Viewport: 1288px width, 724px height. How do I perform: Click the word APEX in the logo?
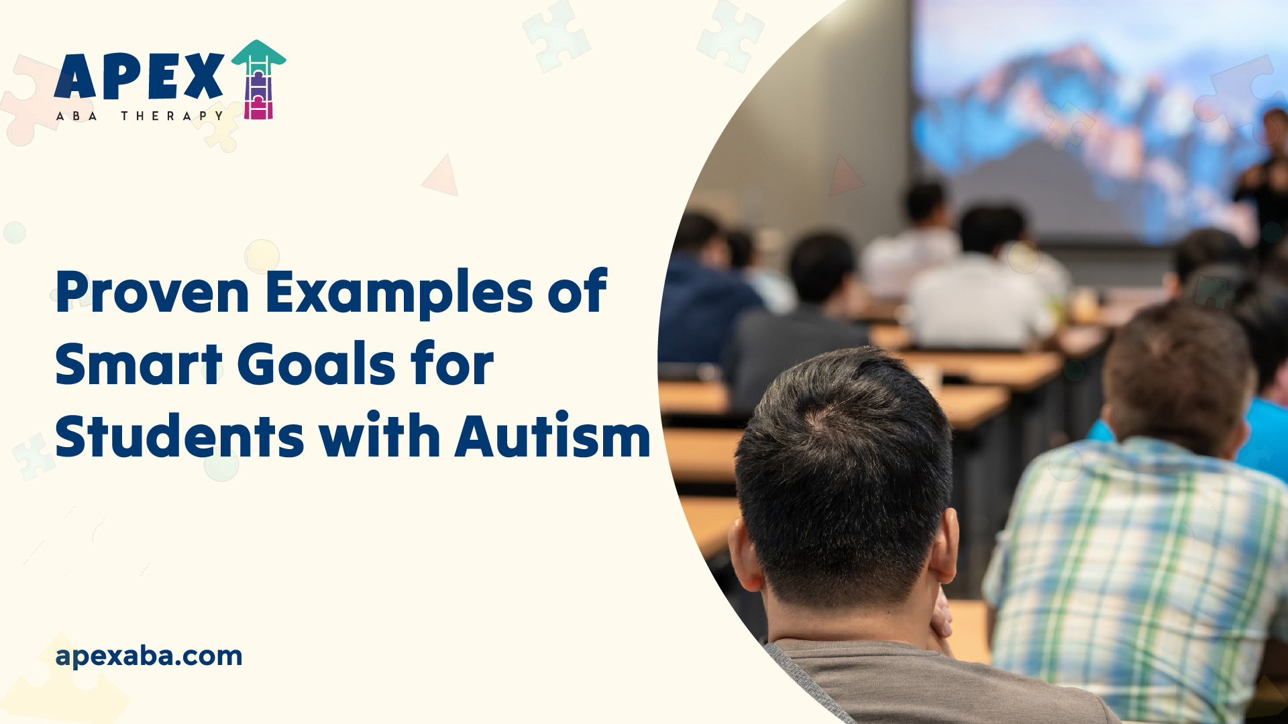[x=139, y=76]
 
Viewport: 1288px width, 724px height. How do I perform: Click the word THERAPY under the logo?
[x=172, y=116]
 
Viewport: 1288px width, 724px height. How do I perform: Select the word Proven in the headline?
[x=152, y=293]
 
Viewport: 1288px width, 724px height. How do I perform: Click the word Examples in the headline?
[x=398, y=293]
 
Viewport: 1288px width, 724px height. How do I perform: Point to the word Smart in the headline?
[x=138, y=365]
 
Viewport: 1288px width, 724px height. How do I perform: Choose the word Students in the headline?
[x=180, y=437]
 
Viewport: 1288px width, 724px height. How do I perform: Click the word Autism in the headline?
[x=552, y=437]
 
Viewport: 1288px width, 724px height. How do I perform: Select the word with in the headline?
[x=380, y=437]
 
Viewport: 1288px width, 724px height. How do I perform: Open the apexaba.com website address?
[x=149, y=656]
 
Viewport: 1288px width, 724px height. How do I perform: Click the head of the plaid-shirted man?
[x=1177, y=375]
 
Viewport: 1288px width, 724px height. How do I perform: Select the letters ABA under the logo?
[x=76, y=116]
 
